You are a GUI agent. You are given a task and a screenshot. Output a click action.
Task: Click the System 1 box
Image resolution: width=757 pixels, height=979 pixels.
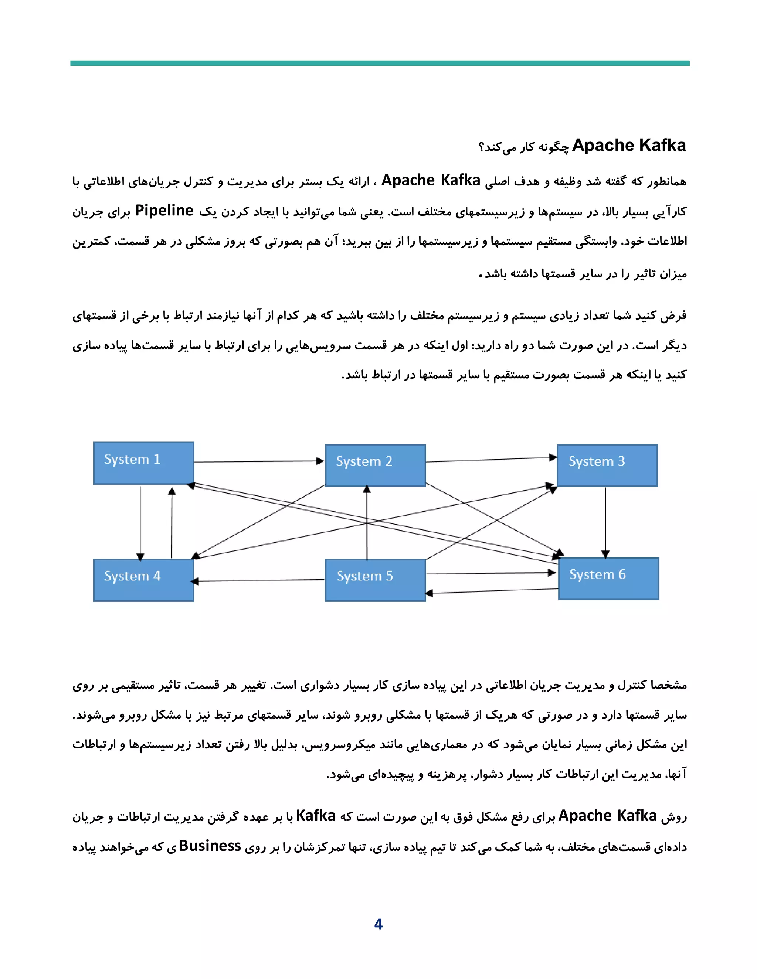[x=143, y=463]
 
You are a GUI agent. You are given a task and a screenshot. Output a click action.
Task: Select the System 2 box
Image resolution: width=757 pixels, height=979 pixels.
[x=375, y=465]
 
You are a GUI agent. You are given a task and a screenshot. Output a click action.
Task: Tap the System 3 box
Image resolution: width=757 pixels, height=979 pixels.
[x=607, y=465]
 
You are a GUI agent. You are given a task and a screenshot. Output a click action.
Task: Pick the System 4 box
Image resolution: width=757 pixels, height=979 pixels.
[x=143, y=580]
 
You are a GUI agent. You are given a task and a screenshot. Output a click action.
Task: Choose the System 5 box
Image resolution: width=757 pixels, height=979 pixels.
[x=375, y=580]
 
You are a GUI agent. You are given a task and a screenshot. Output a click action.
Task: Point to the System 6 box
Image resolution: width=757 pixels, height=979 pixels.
[x=608, y=579]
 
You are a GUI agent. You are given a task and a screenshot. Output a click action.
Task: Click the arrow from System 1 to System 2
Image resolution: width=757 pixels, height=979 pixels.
[x=259, y=461]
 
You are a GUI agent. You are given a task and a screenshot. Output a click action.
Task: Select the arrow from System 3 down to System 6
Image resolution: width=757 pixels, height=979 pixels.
[x=605, y=522]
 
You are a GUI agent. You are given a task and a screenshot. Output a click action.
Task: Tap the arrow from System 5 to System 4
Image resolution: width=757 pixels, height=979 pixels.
[x=259, y=580]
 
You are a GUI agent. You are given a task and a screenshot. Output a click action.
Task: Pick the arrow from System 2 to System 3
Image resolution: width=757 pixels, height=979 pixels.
[x=491, y=460]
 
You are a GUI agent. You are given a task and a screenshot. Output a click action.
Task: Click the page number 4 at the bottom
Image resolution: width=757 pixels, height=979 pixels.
[x=378, y=924]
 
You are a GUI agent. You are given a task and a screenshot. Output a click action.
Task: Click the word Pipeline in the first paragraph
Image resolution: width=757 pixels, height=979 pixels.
[x=164, y=211]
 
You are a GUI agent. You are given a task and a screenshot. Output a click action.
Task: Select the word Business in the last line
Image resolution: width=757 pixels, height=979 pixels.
[x=210, y=846]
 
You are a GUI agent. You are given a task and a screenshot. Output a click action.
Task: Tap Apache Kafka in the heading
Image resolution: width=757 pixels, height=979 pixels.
[x=629, y=145]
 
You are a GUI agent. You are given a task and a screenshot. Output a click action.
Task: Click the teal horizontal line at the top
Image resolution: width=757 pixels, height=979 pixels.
[x=379, y=63]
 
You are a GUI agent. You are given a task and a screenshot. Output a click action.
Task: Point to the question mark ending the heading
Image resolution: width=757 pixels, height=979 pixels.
[x=482, y=147]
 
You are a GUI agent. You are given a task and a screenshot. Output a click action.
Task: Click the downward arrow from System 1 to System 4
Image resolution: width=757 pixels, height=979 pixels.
[x=140, y=522]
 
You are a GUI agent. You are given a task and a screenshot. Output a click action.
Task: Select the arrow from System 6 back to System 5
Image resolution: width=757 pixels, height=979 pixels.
[x=492, y=591]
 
